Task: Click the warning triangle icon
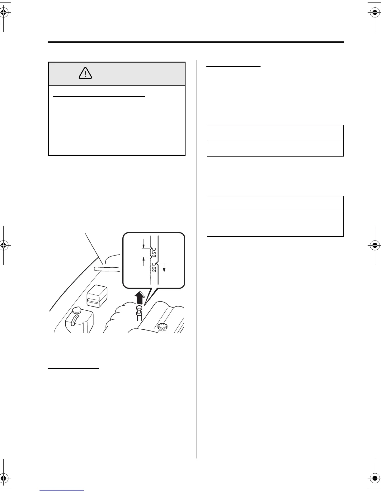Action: point(85,73)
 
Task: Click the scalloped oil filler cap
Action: point(162,327)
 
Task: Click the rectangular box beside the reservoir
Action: point(97,296)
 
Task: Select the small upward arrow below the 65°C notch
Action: point(143,260)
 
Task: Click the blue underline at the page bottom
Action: point(62,490)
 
